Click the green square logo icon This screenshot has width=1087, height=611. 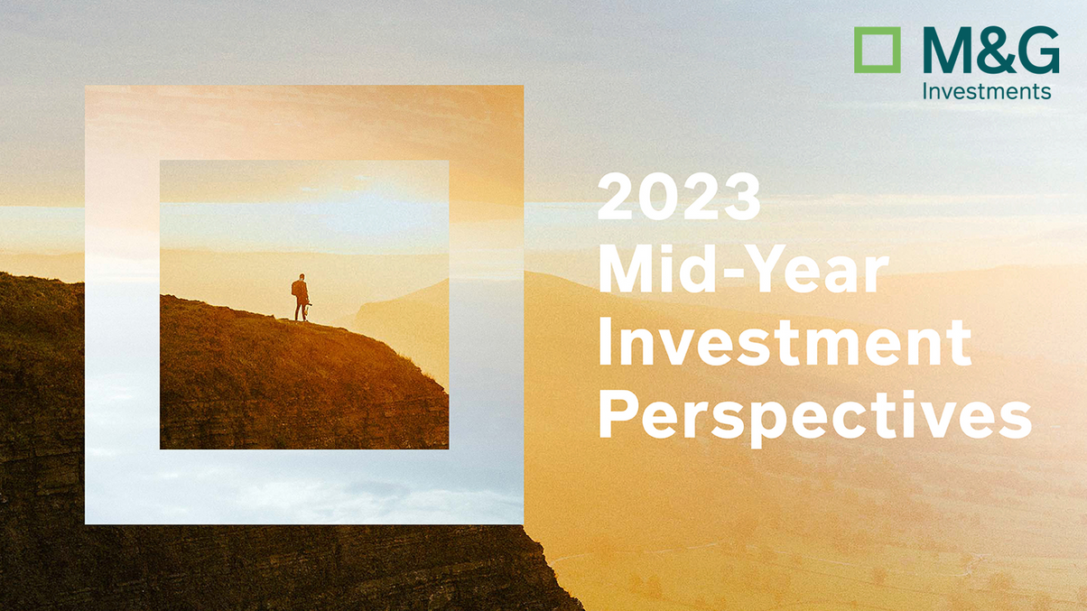tap(877, 50)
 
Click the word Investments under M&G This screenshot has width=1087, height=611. tap(986, 91)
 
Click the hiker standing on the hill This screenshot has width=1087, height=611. tap(301, 298)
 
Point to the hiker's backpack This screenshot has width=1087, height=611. tap(295, 289)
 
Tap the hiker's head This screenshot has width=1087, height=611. tap(302, 278)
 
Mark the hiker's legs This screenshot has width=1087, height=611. tap(301, 310)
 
